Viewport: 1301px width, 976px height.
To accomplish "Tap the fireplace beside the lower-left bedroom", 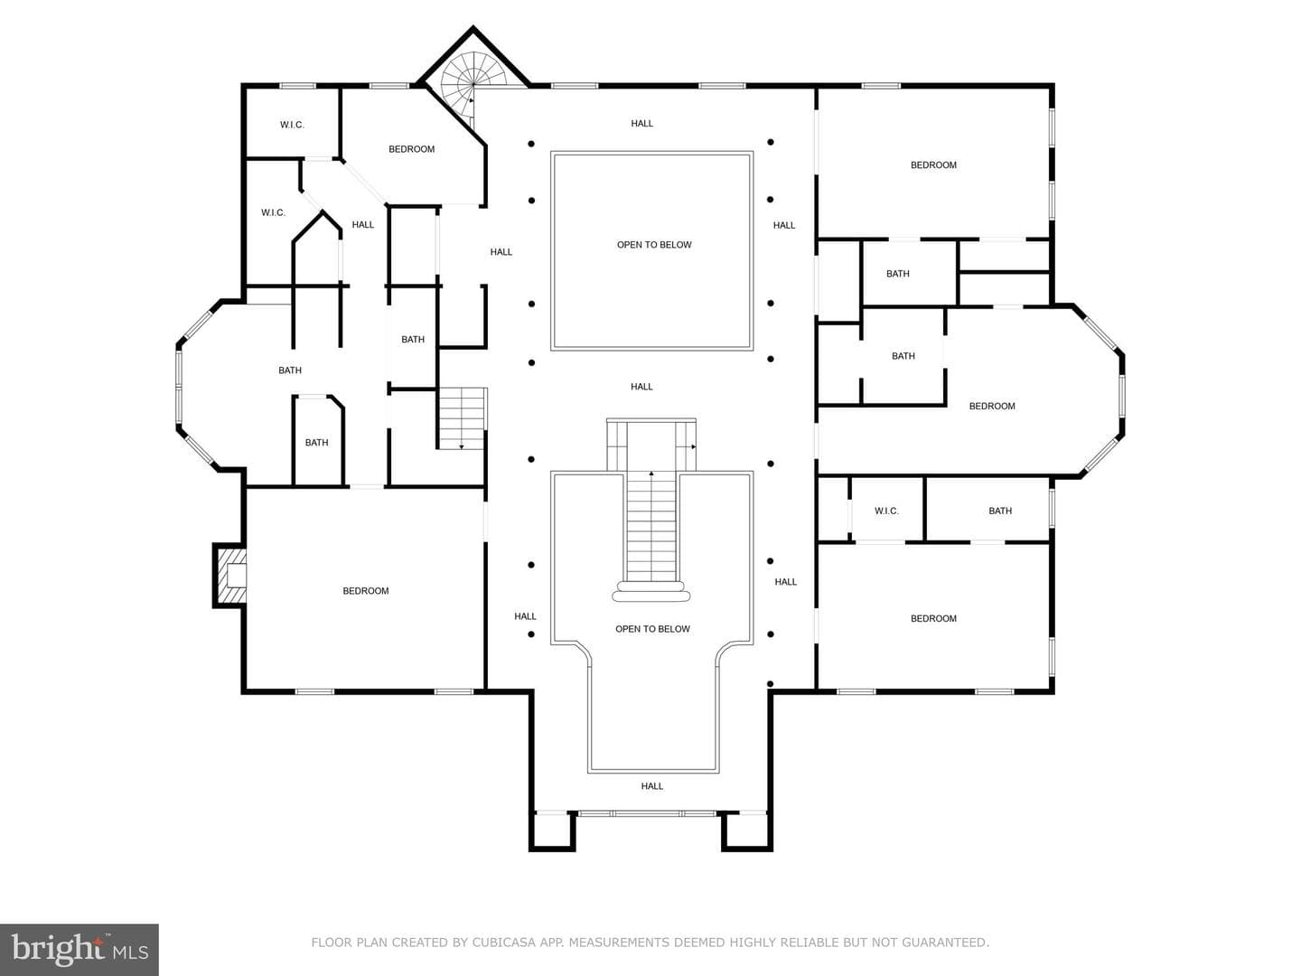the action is (230, 574).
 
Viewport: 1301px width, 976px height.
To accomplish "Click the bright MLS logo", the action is (80, 949).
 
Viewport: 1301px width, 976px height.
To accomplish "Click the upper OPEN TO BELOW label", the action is (654, 245).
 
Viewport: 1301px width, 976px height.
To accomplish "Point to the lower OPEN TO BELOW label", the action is (652, 629).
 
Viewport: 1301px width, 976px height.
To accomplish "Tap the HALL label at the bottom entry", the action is (652, 786).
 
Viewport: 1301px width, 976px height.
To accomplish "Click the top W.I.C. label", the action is (292, 125).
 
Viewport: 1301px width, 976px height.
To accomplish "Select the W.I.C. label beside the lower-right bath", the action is (886, 511).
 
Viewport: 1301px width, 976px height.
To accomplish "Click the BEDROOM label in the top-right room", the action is (933, 164).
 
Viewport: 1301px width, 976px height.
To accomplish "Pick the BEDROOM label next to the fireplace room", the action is (366, 591).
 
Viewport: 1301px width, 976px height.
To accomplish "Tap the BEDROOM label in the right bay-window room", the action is (992, 406).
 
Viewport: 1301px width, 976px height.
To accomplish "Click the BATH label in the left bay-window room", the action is (290, 371).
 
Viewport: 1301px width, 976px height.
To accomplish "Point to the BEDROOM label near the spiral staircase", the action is (412, 149).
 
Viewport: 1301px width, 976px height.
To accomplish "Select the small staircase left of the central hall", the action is (462, 418).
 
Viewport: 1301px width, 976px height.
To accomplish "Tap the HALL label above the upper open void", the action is (641, 123).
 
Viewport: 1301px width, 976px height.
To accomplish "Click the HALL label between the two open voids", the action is (641, 387).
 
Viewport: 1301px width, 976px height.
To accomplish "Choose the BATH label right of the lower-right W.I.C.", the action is (1000, 511).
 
